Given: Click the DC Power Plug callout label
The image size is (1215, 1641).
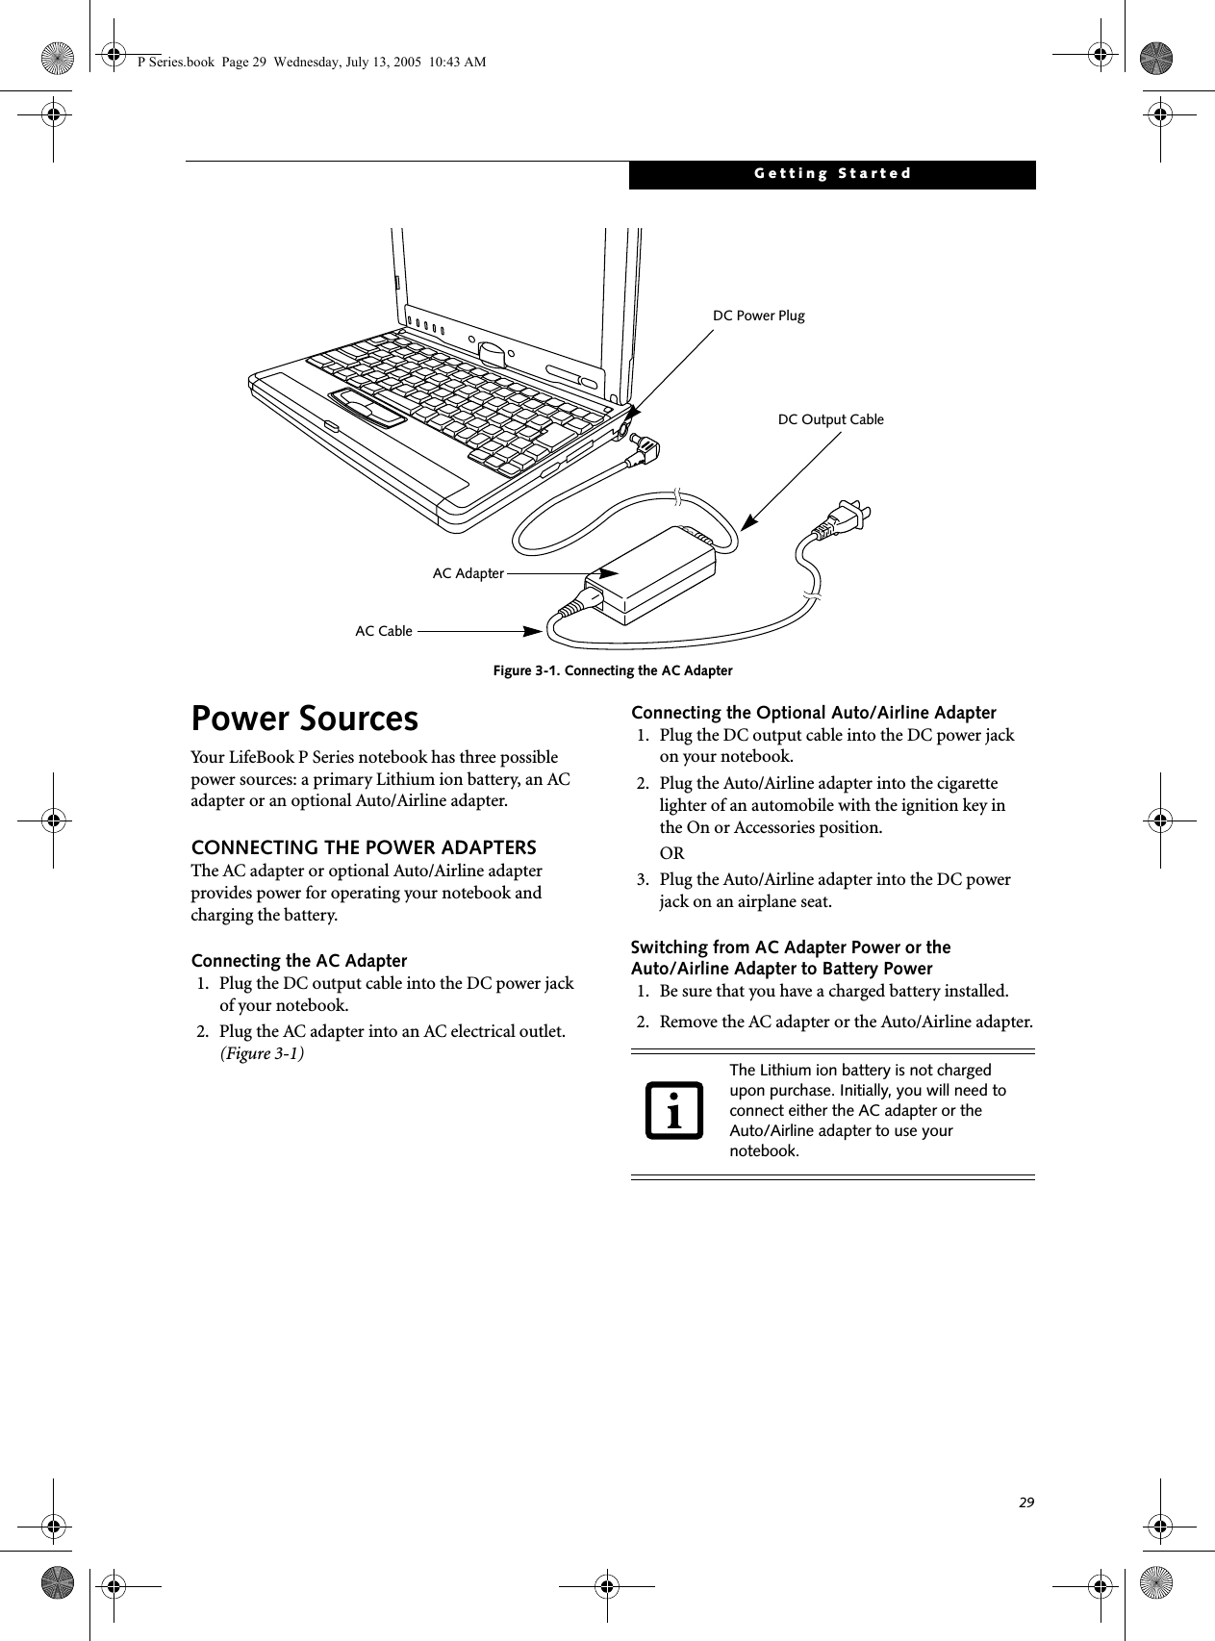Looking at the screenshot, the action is point(758,316).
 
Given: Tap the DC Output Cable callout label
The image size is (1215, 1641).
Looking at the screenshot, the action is point(830,419).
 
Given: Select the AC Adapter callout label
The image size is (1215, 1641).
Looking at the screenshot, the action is point(468,573).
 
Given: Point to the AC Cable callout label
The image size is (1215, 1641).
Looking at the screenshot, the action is point(384,631).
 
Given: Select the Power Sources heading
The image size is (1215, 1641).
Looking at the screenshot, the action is point(305,720).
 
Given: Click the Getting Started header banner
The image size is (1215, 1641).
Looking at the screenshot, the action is point(832,174).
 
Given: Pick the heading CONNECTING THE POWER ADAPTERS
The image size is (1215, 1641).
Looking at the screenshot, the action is point(364,847).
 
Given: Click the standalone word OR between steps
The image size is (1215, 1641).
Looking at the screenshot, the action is point(671,853).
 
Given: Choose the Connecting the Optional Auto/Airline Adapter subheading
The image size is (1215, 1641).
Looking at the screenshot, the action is point(813,713).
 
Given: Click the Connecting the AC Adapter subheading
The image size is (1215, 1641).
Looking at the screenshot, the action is point(299,961).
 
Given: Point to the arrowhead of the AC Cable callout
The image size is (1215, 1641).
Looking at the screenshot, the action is point(532,631).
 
